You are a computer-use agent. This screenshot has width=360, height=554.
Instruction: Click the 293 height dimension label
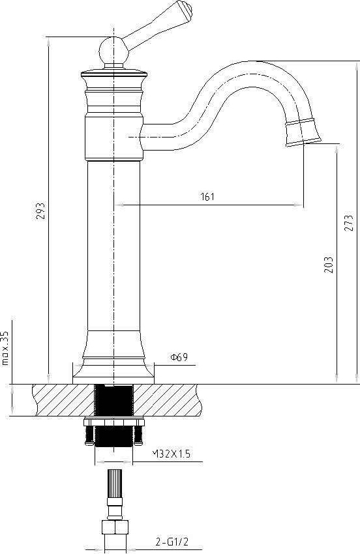(x=40, y=211)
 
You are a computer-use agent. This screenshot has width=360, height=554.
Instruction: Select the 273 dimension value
(x=349, y=222)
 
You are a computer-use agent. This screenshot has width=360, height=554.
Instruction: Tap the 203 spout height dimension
(x=328, y=264)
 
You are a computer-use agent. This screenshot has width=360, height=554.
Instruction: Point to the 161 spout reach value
(x=208, y=196)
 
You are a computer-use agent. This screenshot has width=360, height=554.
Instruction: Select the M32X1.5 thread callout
(x=171, y=454)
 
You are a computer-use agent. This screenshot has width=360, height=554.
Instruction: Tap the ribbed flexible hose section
(x=114, y=485)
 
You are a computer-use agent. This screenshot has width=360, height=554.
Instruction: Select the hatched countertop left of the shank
(x=62, y=400)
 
